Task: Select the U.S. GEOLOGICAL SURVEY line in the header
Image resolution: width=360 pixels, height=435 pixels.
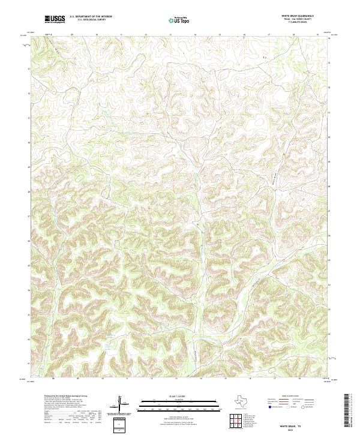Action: click(88, 20)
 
